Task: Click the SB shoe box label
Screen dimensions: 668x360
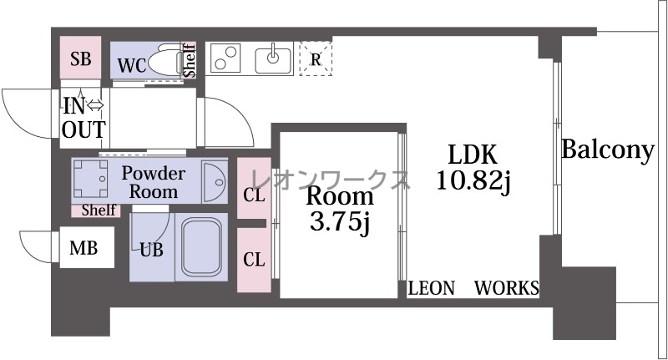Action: [x=80, y=58]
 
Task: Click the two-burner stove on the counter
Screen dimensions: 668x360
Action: [x=225, y=58]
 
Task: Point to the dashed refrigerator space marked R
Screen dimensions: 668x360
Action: [x=316, y=58]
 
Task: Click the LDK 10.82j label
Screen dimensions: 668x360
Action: [x=473, y=167]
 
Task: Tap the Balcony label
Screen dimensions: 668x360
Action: [x=608, y=150]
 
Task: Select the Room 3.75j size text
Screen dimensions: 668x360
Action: [x=340, y=221]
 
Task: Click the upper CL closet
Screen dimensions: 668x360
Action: [x=254, y=188]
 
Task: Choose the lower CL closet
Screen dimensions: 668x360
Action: [x=254, y=260]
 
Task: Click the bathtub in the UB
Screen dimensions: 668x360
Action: [x=201, y=248]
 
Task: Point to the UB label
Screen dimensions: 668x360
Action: [x=152, y=250]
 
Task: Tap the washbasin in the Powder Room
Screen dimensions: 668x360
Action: [x=215, y=182]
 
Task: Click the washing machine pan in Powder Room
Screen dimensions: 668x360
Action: [x=90, y=179]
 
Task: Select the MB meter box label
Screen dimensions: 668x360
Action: [x=83, y=248]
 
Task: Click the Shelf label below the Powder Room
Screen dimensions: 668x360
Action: [x=99, y=210]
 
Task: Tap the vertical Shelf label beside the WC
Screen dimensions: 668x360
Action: [x=190, y=60]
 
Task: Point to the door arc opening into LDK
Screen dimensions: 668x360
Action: [x=237, y=114]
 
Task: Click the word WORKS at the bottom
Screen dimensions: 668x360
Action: [x=507, y=288]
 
